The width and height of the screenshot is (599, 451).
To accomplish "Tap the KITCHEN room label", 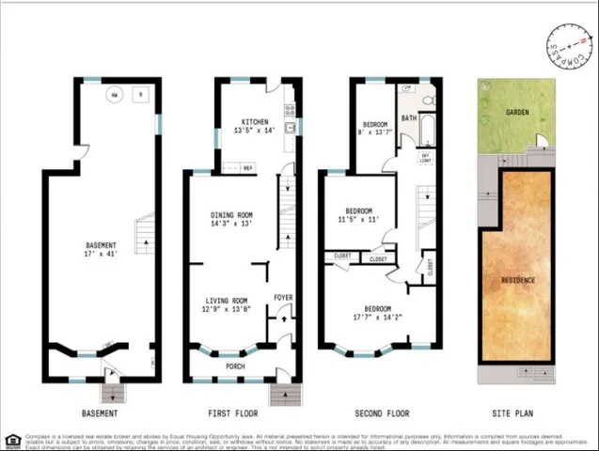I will [x=255, y=122].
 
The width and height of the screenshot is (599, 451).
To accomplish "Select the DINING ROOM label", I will [x=231, y=215].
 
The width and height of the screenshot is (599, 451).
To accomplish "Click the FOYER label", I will [x=283, y=298].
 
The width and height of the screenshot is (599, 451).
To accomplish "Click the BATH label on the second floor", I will [x=409, y=118].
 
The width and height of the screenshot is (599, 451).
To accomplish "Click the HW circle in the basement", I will [x=113, y=95].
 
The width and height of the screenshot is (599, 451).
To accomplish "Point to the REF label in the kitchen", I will [x=248, y=168].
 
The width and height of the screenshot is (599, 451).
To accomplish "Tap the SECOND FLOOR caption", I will [x=382, y=413].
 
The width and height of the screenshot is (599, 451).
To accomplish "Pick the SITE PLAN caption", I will [x=513, y=413].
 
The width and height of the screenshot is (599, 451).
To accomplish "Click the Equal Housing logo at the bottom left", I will [x=12, y=439].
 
